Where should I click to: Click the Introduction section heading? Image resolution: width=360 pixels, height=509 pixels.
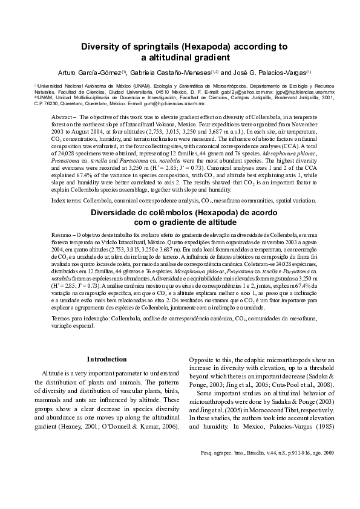(x=106, y=359)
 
